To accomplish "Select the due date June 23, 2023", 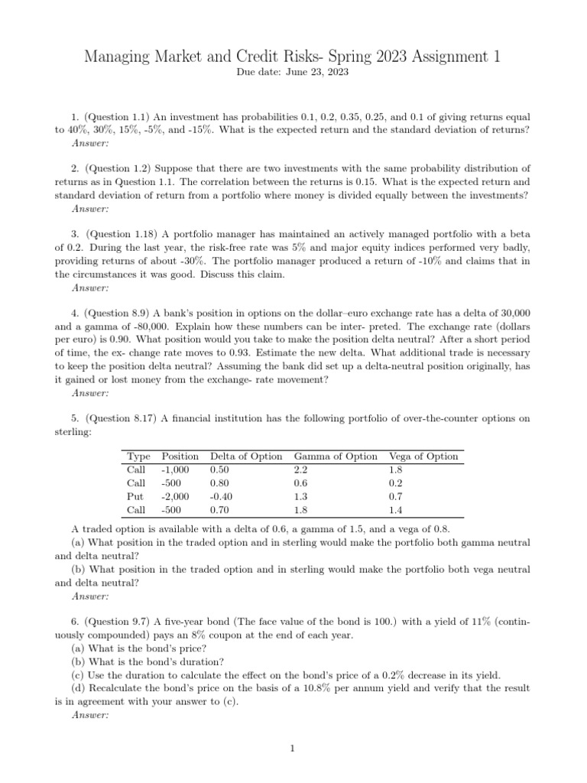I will [314, 72].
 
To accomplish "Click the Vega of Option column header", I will [423, 456].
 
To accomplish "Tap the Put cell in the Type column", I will [135, 496].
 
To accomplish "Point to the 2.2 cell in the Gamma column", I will [302, 469].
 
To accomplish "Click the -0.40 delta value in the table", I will [222, 496].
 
